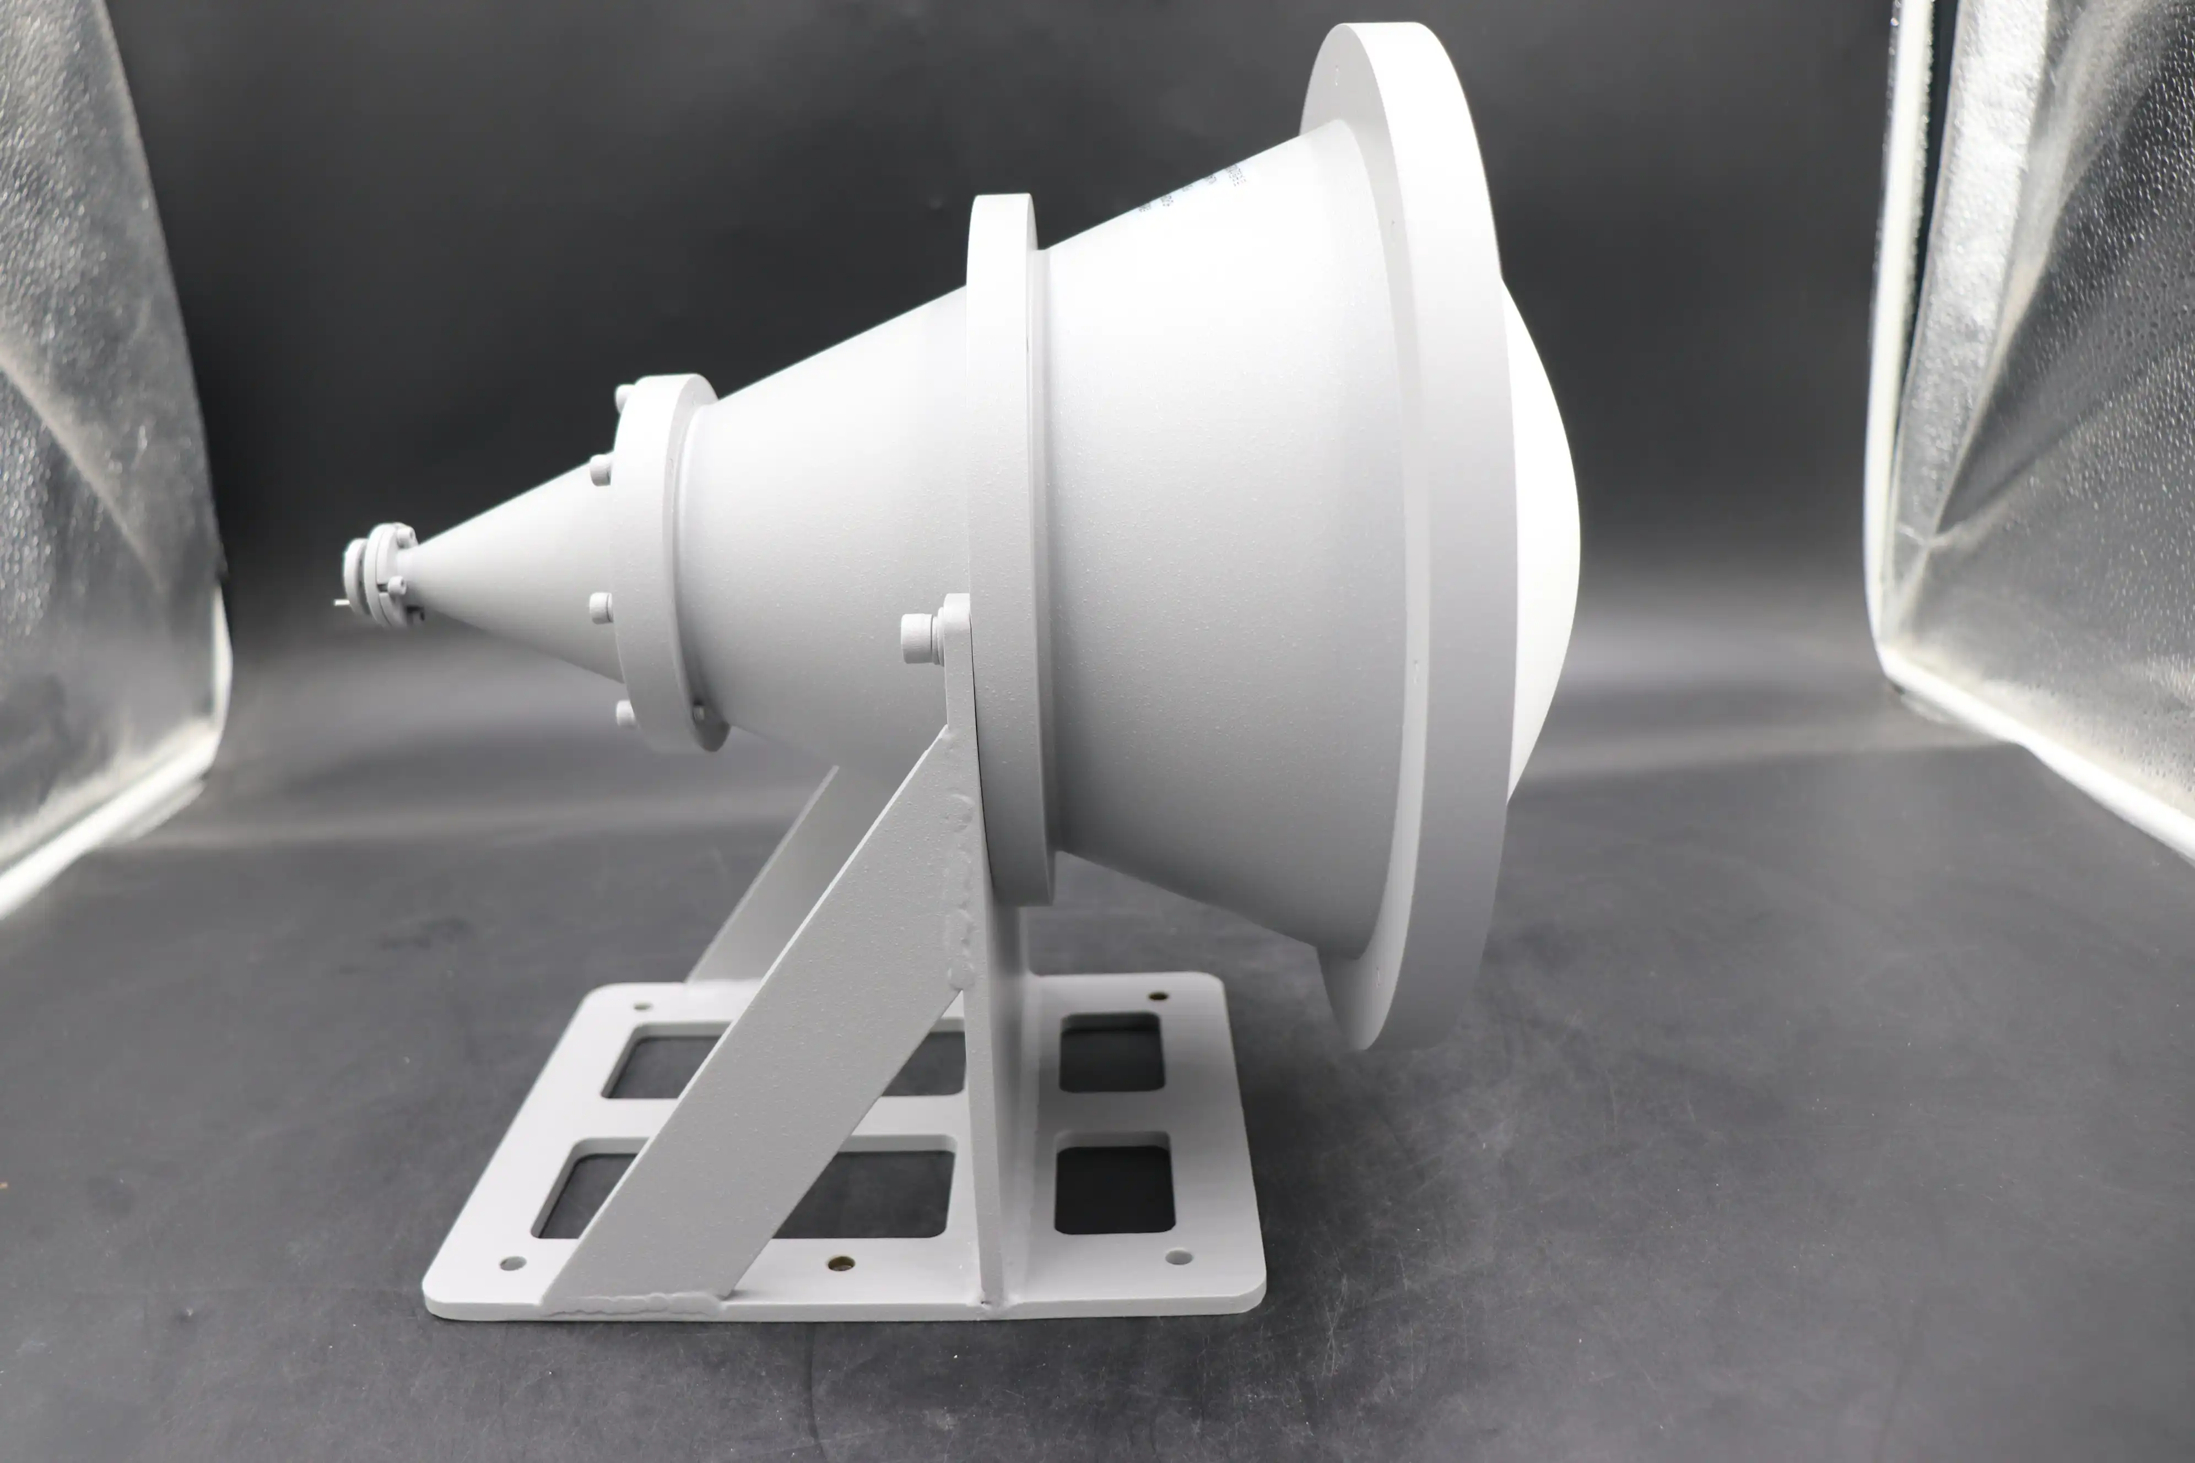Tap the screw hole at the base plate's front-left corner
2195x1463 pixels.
click(x=511, y=1264)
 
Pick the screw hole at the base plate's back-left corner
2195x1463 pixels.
click(x=641, y=1006)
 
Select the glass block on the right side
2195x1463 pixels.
click(x=2053, y=420)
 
